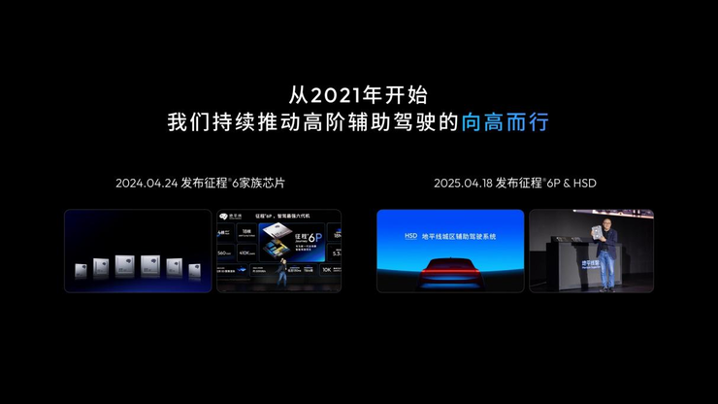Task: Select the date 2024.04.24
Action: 146,183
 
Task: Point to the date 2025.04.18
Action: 462,183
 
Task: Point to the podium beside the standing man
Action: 561,266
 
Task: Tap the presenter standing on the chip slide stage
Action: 282,275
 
